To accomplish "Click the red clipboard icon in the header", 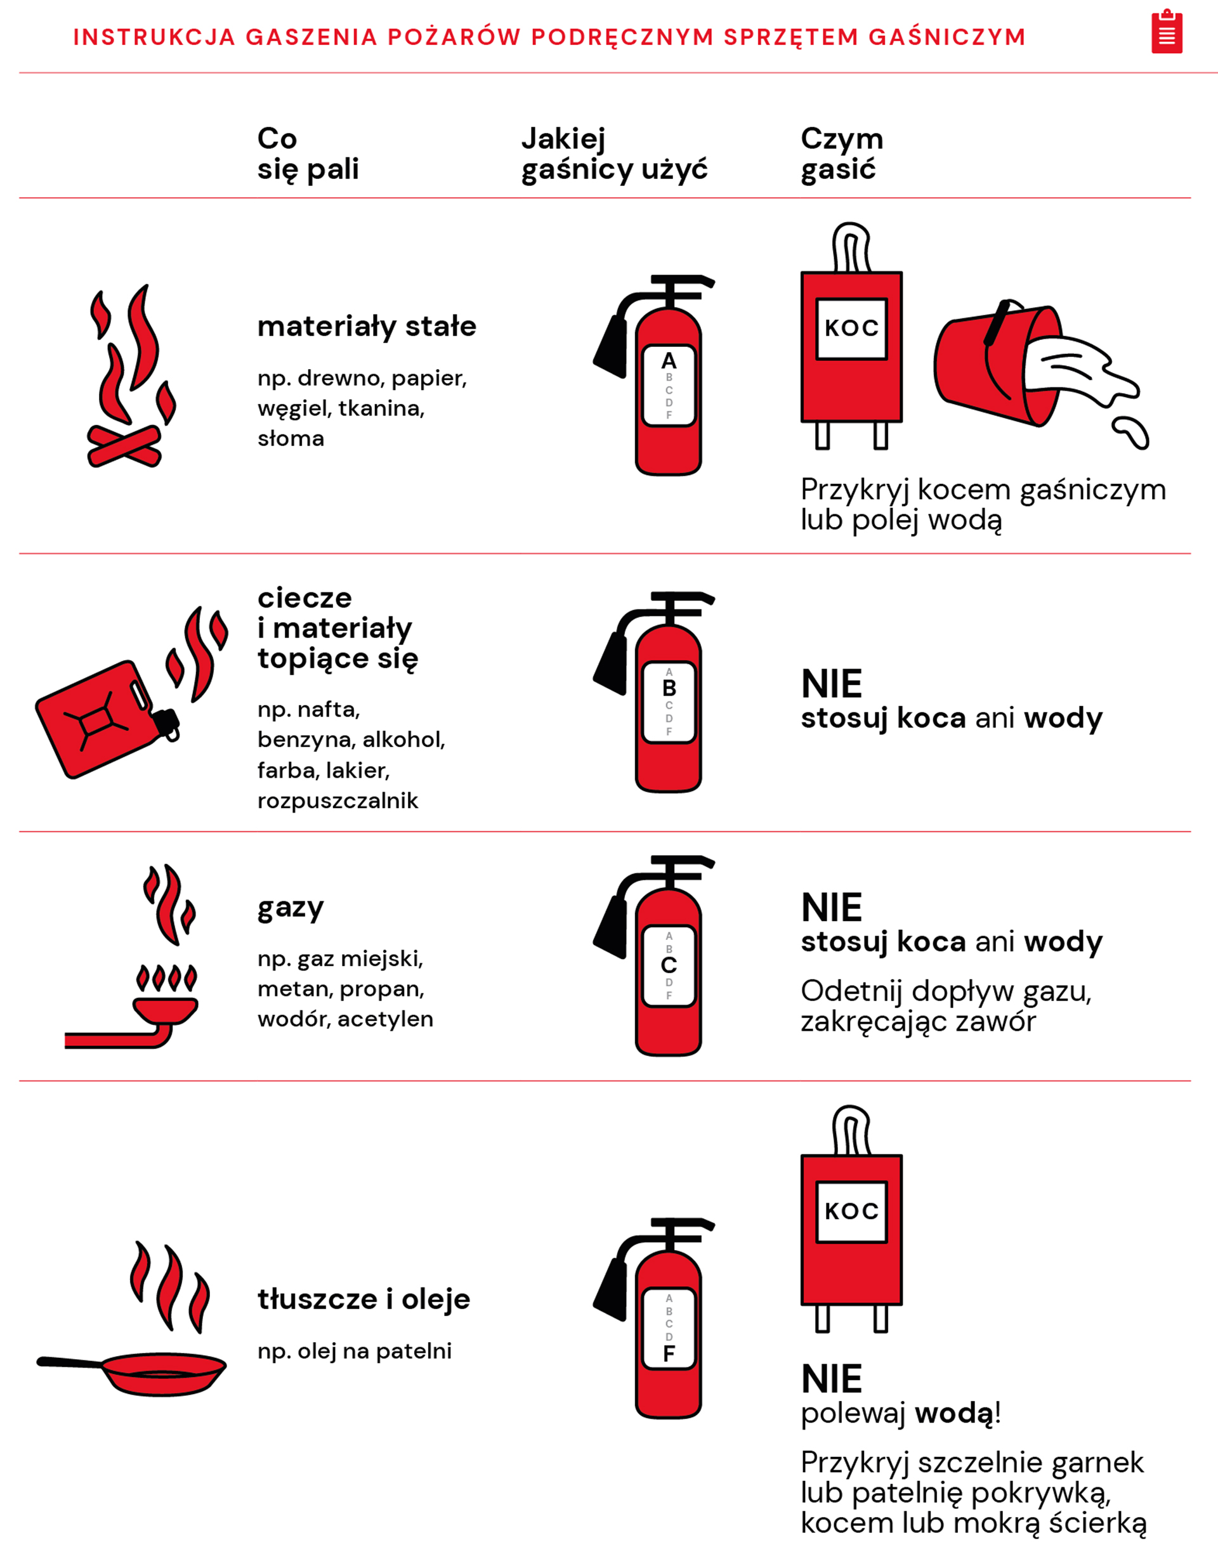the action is click(x=1167, y=32).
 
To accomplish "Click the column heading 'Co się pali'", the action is click(x=308, y=153).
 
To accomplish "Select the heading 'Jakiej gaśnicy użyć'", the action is click(x=614, y=154).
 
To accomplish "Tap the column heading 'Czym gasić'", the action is click(x=842, y=154).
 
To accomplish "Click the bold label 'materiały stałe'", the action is click(x=366, y=325).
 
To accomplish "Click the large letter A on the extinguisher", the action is click(x=669, y=360).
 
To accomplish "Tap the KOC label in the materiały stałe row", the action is click(x=852, y=328).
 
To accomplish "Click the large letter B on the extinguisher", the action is click(x=669, y=688).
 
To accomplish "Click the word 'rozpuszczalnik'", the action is click(x=337, y=801).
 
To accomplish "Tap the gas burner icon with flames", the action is click(x=131, y=956).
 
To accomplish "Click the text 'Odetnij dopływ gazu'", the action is click(x=946, y=991).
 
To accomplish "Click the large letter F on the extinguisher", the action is click(x=669, y=1354).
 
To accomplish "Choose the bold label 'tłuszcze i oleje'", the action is click(x=364, y=1298).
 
